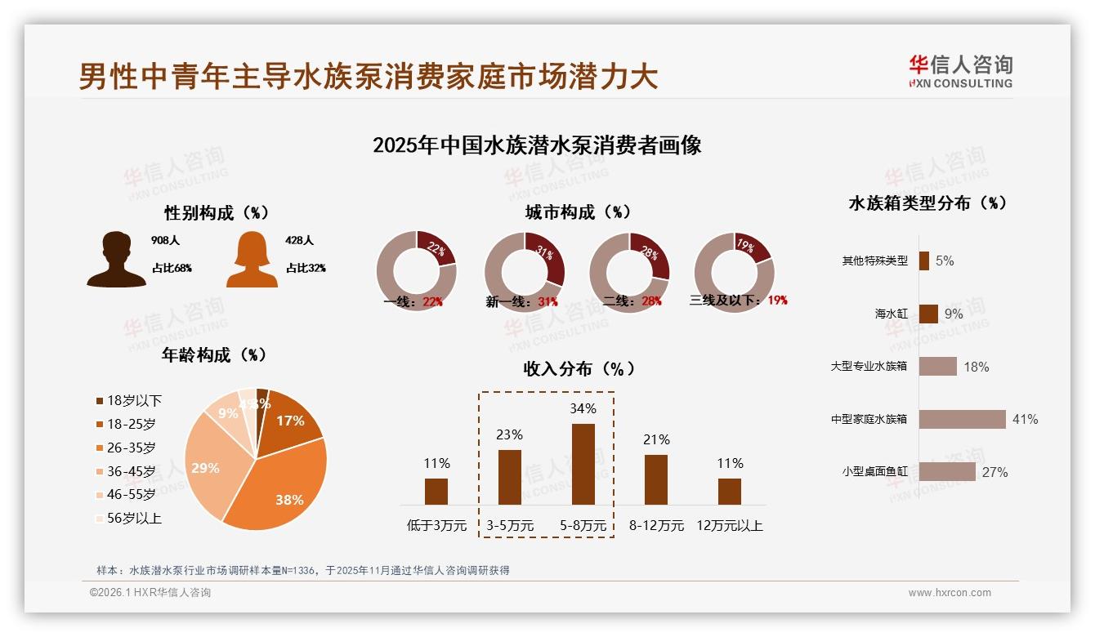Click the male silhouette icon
[x=117, y=259]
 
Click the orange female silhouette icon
[x=252, y=259]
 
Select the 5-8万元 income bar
[x=583, y=463]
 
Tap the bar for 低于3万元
[x=436, y=491]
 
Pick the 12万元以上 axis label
[x=729, y=525]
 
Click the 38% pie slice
[x=282, y=486]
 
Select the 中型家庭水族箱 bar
[x=962, y=419]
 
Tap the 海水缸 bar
[x=928, y=314]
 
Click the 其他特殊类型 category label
[x=874, y=261]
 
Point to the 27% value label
[x=995, y=472]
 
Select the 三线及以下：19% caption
[x=738, y=300]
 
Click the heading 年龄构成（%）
[x=215, y=354]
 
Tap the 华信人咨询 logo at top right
[x=960, y=71]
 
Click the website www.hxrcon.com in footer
[x=950, y=593]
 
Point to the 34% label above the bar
[x=583, y=408]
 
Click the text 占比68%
[x=172, y=268]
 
